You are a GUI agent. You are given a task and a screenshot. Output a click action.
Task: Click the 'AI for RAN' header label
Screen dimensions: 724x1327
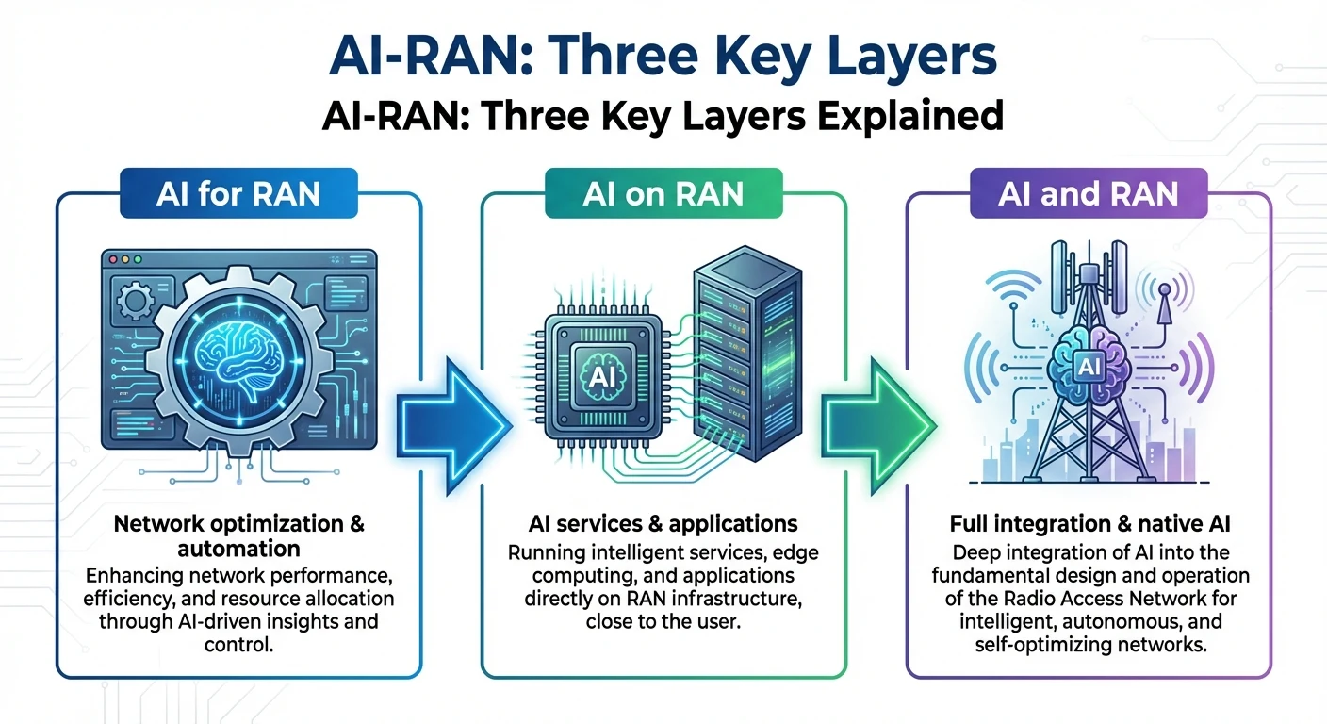click(x=238, y=194)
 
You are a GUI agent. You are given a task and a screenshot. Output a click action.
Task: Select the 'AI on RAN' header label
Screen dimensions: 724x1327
click(x=663, y=194)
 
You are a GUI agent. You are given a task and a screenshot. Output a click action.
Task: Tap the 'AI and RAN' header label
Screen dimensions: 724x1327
click(x=1089, y=194)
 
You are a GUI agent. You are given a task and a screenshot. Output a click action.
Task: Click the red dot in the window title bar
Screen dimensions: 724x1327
click(x=111, y=258)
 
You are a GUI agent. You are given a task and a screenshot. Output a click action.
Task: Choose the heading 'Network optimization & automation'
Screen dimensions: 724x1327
click(x=238, y=535)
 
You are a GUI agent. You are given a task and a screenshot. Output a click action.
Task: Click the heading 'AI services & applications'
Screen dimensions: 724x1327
click(x=663, y=523)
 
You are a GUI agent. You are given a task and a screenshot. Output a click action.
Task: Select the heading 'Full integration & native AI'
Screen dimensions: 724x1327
click(x=1089, y=523)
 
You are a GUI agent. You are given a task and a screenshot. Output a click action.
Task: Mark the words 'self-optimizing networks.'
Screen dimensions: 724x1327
click(x=1089, y=646)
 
